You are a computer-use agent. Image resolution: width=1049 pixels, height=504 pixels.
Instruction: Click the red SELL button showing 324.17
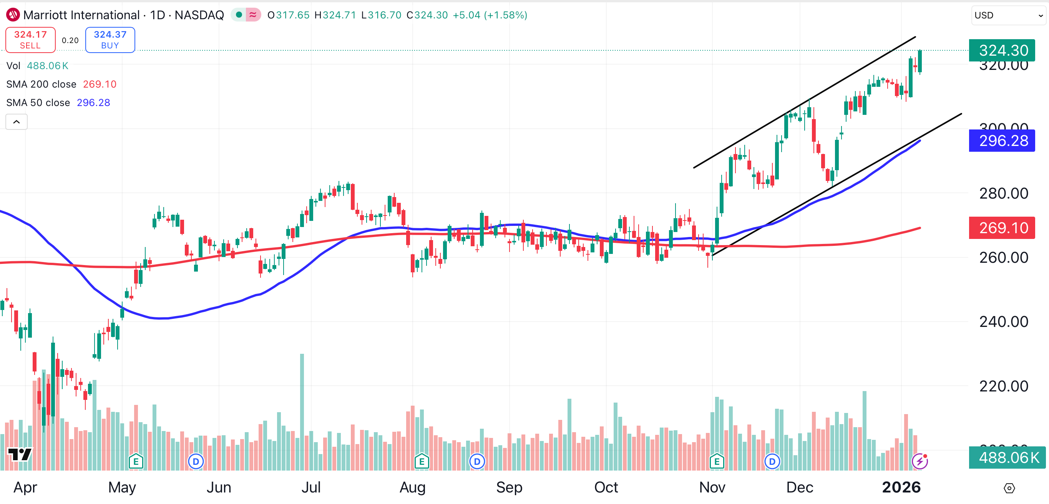[30, 40]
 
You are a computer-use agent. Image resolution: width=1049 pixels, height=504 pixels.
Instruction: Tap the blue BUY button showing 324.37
[110, 40]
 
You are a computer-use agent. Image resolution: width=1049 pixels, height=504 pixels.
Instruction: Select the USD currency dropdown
[1008, 15]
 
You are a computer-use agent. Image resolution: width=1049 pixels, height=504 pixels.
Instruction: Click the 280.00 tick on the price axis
[1003, 193]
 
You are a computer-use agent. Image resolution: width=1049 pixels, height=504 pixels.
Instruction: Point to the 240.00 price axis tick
[1003, 322]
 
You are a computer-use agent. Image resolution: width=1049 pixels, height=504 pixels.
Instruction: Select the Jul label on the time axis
[311, 487]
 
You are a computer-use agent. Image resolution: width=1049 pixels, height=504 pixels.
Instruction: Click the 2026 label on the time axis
[901, 487]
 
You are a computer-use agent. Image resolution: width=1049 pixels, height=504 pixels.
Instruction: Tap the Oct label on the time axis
[606, 487]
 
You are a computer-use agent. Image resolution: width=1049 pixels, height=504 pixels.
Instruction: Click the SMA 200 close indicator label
[41, 84]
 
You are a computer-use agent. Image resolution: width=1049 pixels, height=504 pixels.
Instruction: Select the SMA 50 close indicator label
[38, 103]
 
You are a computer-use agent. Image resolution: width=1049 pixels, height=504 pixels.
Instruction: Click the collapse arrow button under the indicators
[17, 122]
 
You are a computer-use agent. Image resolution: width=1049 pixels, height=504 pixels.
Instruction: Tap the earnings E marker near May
[136, 462]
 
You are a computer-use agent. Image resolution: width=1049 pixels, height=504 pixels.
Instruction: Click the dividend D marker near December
[772, 462]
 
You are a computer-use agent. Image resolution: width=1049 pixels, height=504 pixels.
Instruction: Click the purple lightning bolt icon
[920, 461]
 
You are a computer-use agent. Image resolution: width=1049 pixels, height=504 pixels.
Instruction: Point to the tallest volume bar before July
[302, 411]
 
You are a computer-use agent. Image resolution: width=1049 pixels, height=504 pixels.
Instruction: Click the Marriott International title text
[81, 15]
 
